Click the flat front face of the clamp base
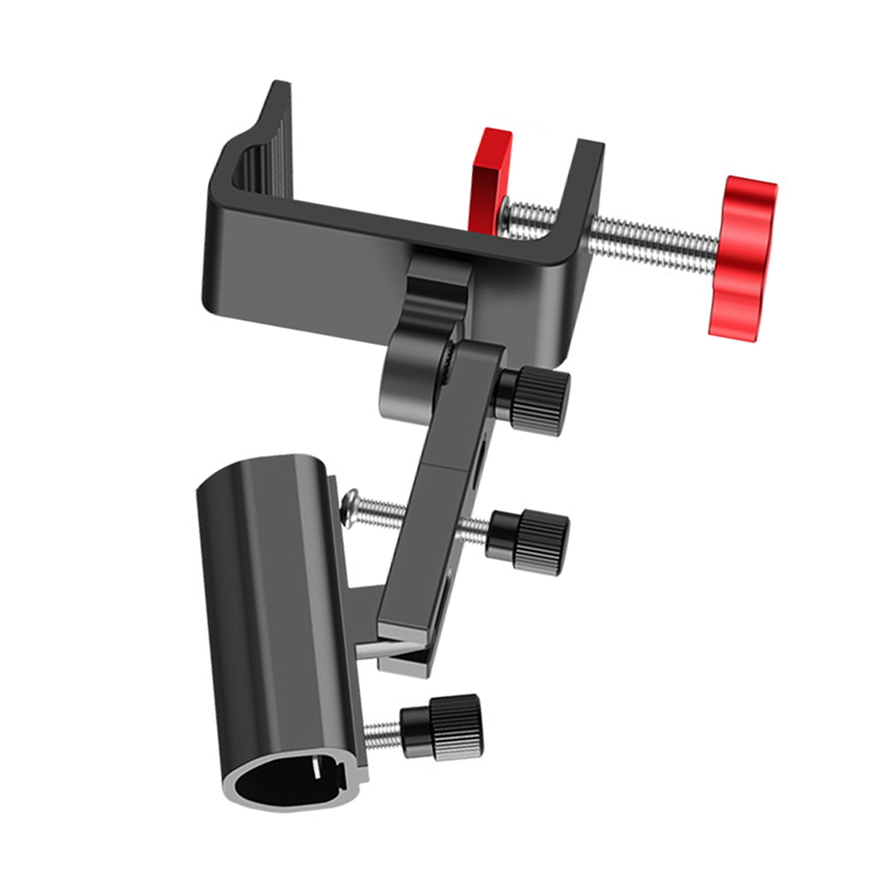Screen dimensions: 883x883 [x=309, y=287]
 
